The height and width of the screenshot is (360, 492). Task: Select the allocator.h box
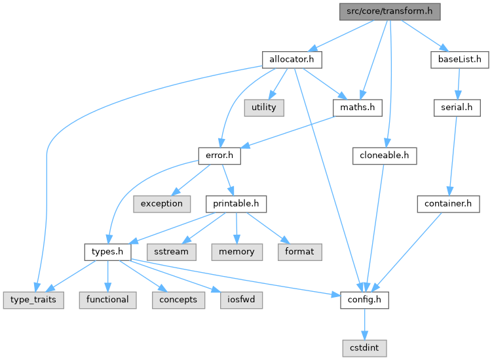tap(292, 60)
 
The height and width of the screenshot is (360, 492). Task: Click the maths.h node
tap(357, 108)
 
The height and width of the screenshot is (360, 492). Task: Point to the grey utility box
tap(265, 108)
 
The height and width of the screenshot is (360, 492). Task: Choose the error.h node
tap(219, 156)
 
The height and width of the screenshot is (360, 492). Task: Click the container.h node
tap(448, 204)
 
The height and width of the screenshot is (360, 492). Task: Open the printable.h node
tap(236, 204)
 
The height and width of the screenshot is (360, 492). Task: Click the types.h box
tap(107, 252)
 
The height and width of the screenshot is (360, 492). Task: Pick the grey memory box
tap(237, 252)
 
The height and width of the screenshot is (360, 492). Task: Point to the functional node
tap(107, 300)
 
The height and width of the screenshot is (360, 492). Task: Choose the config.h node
tap(364, 300)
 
